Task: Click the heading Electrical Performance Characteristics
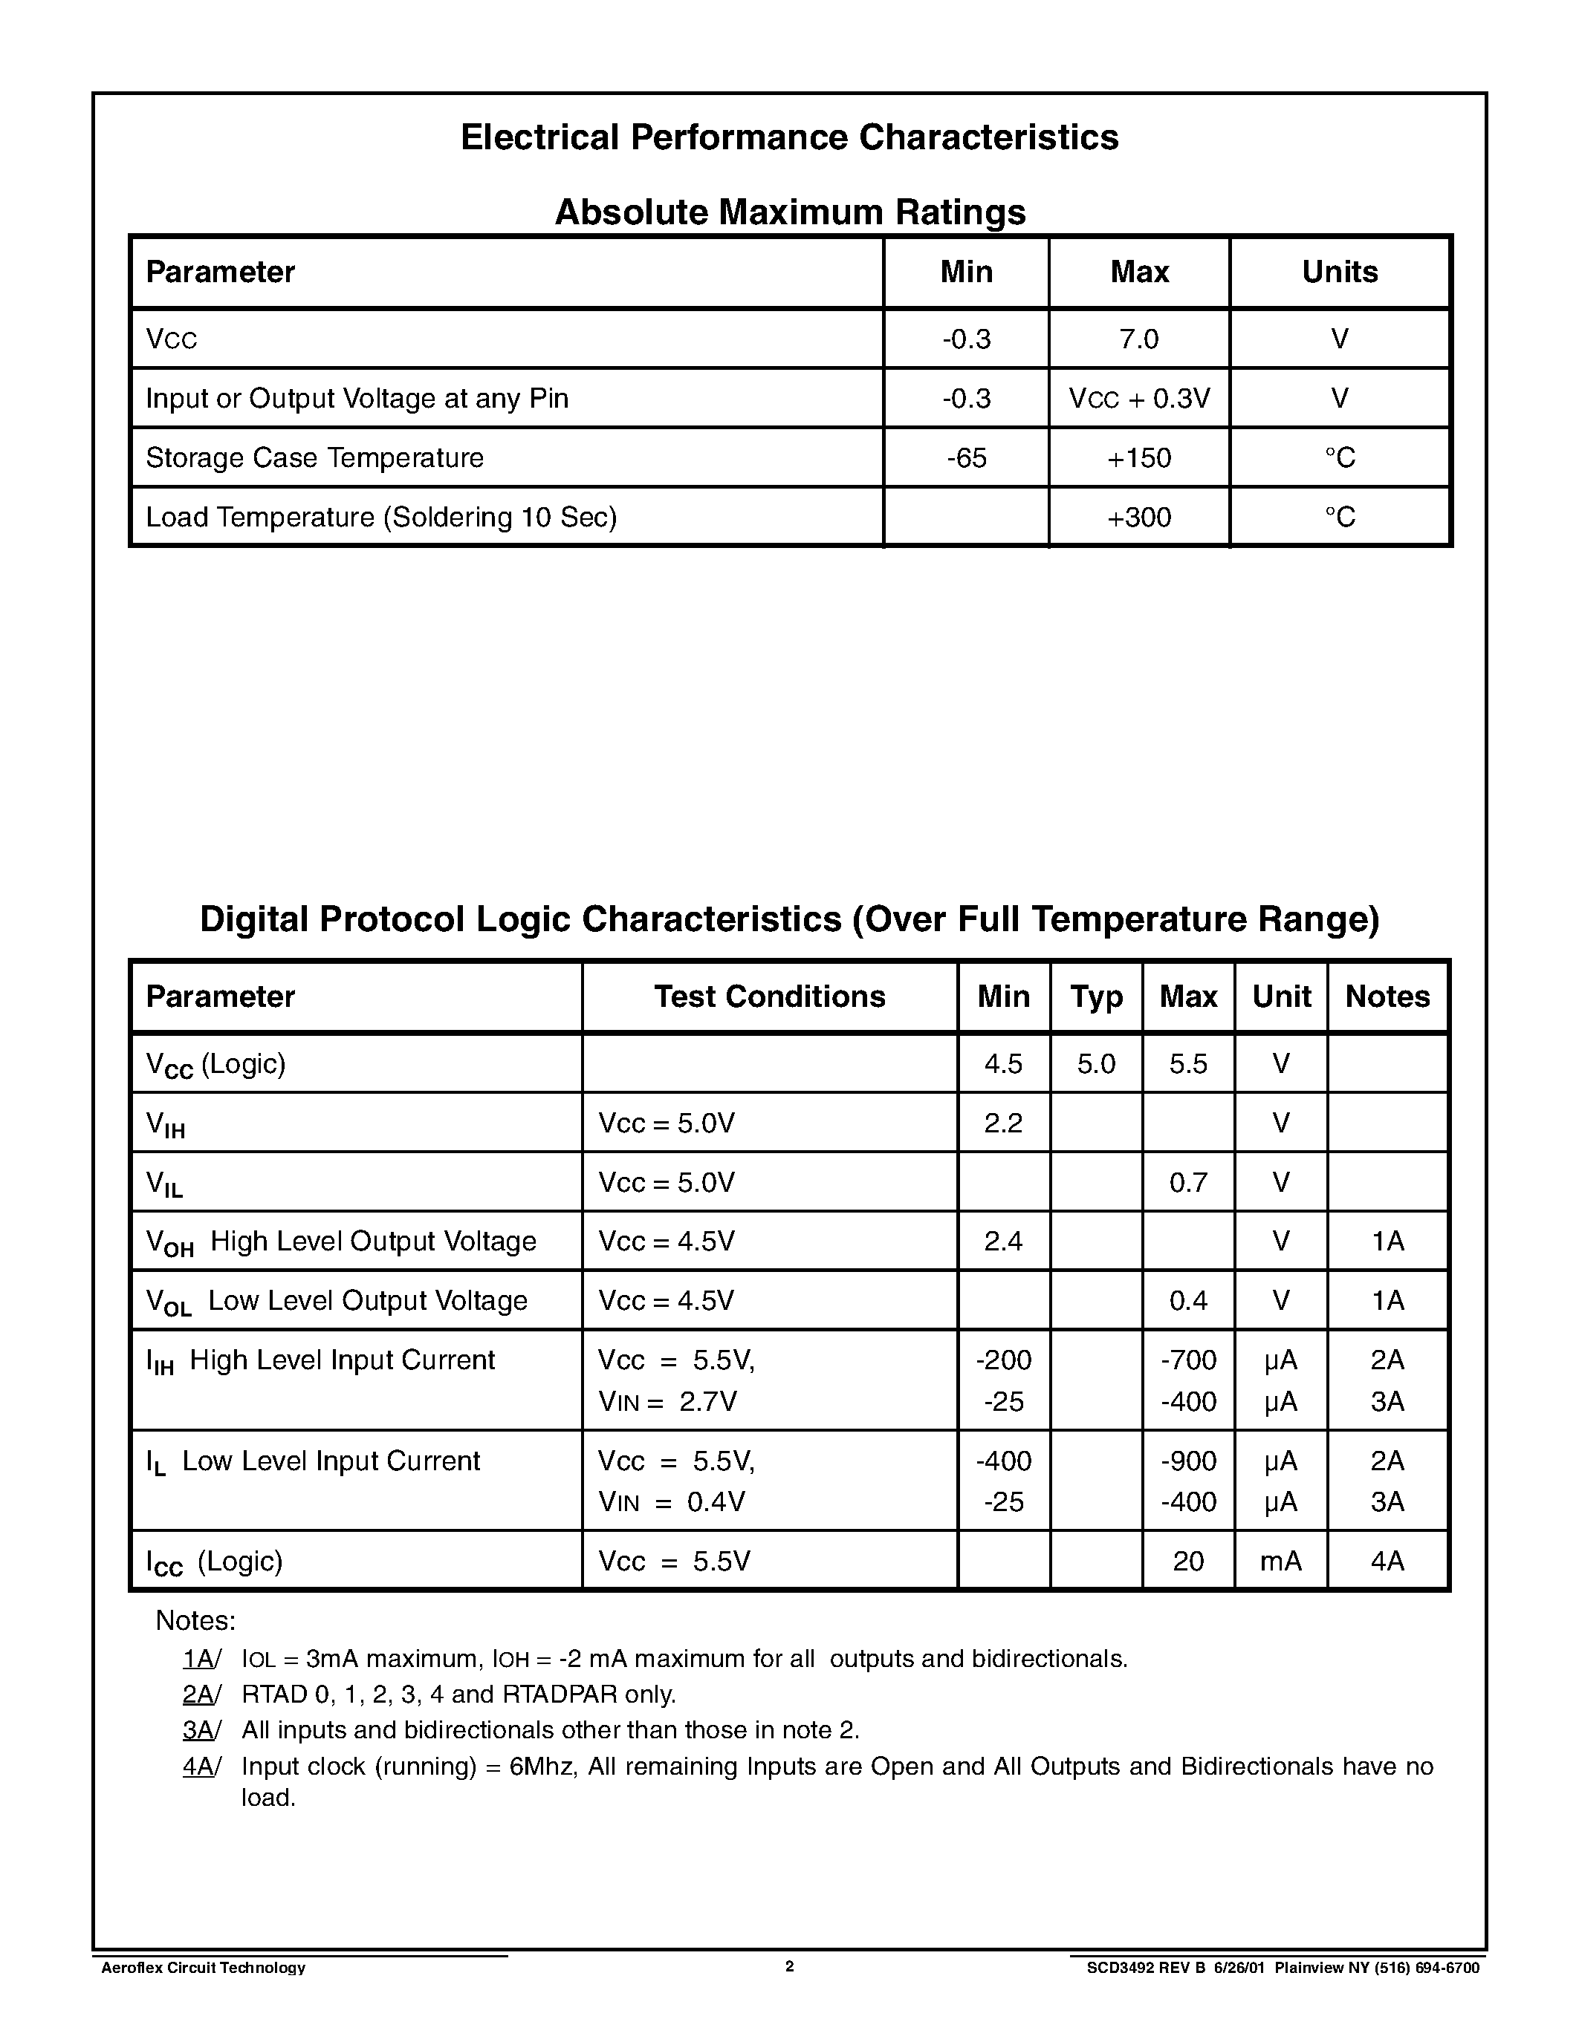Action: point(788,137)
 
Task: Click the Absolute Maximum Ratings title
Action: point(789,212)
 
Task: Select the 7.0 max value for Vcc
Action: point(1138,339)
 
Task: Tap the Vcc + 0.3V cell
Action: point(1138,398)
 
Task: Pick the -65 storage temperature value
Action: point(966,458)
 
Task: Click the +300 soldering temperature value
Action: point(1138,517)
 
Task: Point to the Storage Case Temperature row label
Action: point(314,458)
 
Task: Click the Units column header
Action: point(1340,272)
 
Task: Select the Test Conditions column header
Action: point(769,996)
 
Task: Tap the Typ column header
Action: point(1095,996)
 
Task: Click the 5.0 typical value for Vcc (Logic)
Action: point(1095,1064)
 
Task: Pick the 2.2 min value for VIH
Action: point(1003,1123)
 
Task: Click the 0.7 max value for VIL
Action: point(1188,1183)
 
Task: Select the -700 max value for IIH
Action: point(1188,1360)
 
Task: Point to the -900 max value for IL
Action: point(1188,1461)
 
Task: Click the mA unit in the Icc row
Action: point(1280,1561)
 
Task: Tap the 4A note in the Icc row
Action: point(1387,1561)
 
